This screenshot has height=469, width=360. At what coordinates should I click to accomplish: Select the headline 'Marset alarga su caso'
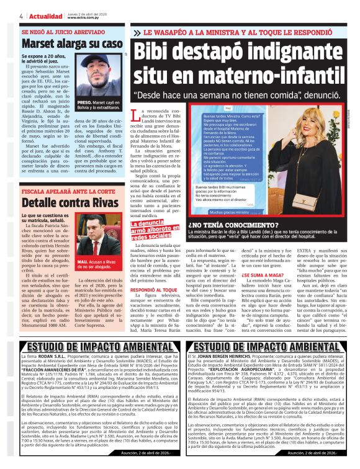point(72,43)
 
